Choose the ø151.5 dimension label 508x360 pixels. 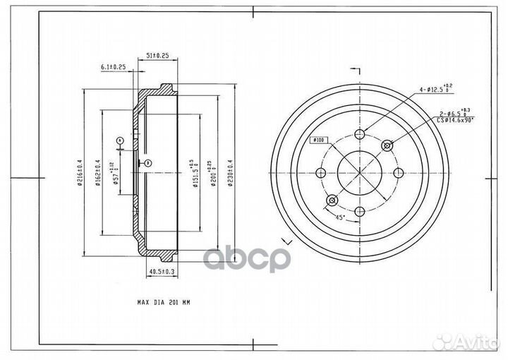point(191,172)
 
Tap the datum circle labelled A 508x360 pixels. point(120,141)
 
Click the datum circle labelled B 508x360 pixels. point(148,164)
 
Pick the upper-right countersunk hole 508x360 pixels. point(386,145)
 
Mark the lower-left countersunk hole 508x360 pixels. point(331,200)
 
